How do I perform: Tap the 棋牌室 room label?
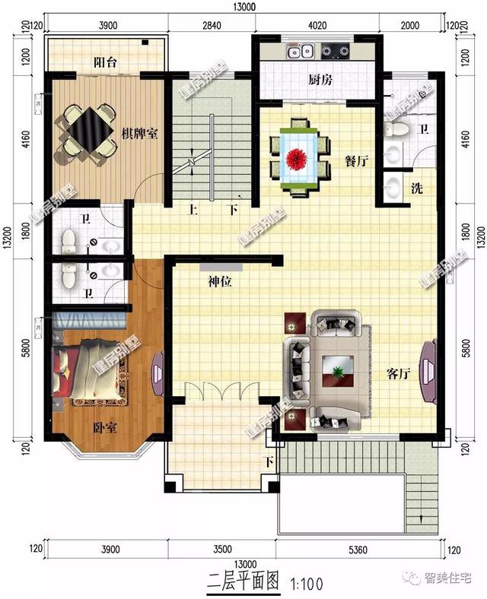[x=139, y=134]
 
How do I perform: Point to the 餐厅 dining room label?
[x=357, y=161]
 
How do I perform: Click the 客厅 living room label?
[x=399, y=374]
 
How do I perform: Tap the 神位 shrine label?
[x=220, y=282]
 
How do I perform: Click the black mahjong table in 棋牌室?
[x=84, y=132]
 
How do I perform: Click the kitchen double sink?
[x=298, y=52]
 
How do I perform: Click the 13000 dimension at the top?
[x=245, y=8]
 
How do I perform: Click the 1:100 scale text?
[x=308, y=584]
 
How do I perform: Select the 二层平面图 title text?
[x=243, y=583]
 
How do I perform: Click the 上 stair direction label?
[x=194, y=209]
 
